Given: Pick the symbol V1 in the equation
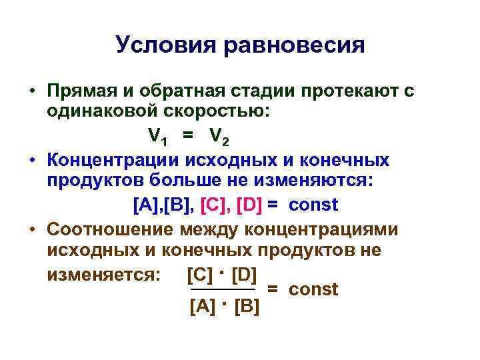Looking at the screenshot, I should click(x=157, y=137).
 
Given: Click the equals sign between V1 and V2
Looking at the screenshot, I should click(x=189, y=136).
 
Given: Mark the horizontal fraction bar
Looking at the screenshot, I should click(x=223, y=290).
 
